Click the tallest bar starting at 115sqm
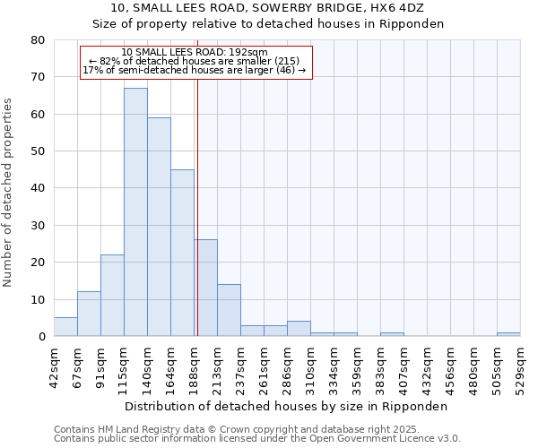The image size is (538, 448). [135, 212]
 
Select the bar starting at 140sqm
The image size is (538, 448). [159, 227]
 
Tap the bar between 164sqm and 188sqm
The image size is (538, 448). [182, 253]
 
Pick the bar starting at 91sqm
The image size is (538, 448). [112, 296]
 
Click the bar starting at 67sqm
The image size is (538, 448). [89, 314]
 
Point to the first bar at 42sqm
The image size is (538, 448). [65, 327]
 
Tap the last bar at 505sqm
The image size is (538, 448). [508, 334]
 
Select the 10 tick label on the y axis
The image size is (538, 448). [38, 299]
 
